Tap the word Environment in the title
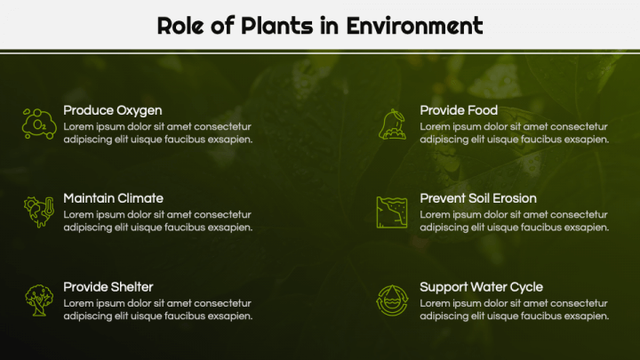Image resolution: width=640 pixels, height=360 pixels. (414, 26)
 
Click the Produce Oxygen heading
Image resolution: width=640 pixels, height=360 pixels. (112, 110)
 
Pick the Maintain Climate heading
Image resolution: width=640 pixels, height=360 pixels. (113, 198)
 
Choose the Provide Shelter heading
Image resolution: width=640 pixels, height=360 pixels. (108, 286)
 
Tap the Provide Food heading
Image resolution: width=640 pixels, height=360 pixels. (458, 110)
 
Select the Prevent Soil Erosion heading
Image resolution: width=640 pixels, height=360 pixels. (477, 198)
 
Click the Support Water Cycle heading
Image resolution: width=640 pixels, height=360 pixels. (481, 286)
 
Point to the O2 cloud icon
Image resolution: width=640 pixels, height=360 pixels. (39, 124)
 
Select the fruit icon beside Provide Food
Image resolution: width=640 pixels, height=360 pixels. (392, 124)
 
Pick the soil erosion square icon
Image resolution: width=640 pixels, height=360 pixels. (392, 212)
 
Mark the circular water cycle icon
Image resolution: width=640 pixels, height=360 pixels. (392, 300)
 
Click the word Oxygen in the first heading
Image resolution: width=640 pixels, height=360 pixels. (139, 110)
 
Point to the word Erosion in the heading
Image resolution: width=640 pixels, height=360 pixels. (513, 198)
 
